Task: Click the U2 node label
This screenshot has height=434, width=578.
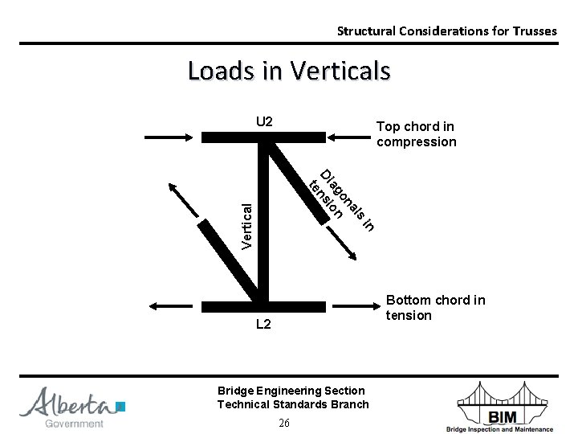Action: (x=264, y=122)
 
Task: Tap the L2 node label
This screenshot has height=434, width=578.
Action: (x=264, y=324)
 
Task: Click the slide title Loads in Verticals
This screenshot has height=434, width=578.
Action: (x=289, y=71)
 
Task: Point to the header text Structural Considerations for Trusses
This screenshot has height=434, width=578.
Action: (x=446, y=31)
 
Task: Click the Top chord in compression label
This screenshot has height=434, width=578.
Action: (x=416, y=134)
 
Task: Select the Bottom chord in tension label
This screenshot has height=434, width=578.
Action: (x=435, y=308)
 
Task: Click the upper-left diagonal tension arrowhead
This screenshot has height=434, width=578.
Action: (x=171, y=187)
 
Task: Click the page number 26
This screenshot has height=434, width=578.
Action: (x=284, y=424)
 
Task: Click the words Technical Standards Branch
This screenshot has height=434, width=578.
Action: (x=293, y=404)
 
